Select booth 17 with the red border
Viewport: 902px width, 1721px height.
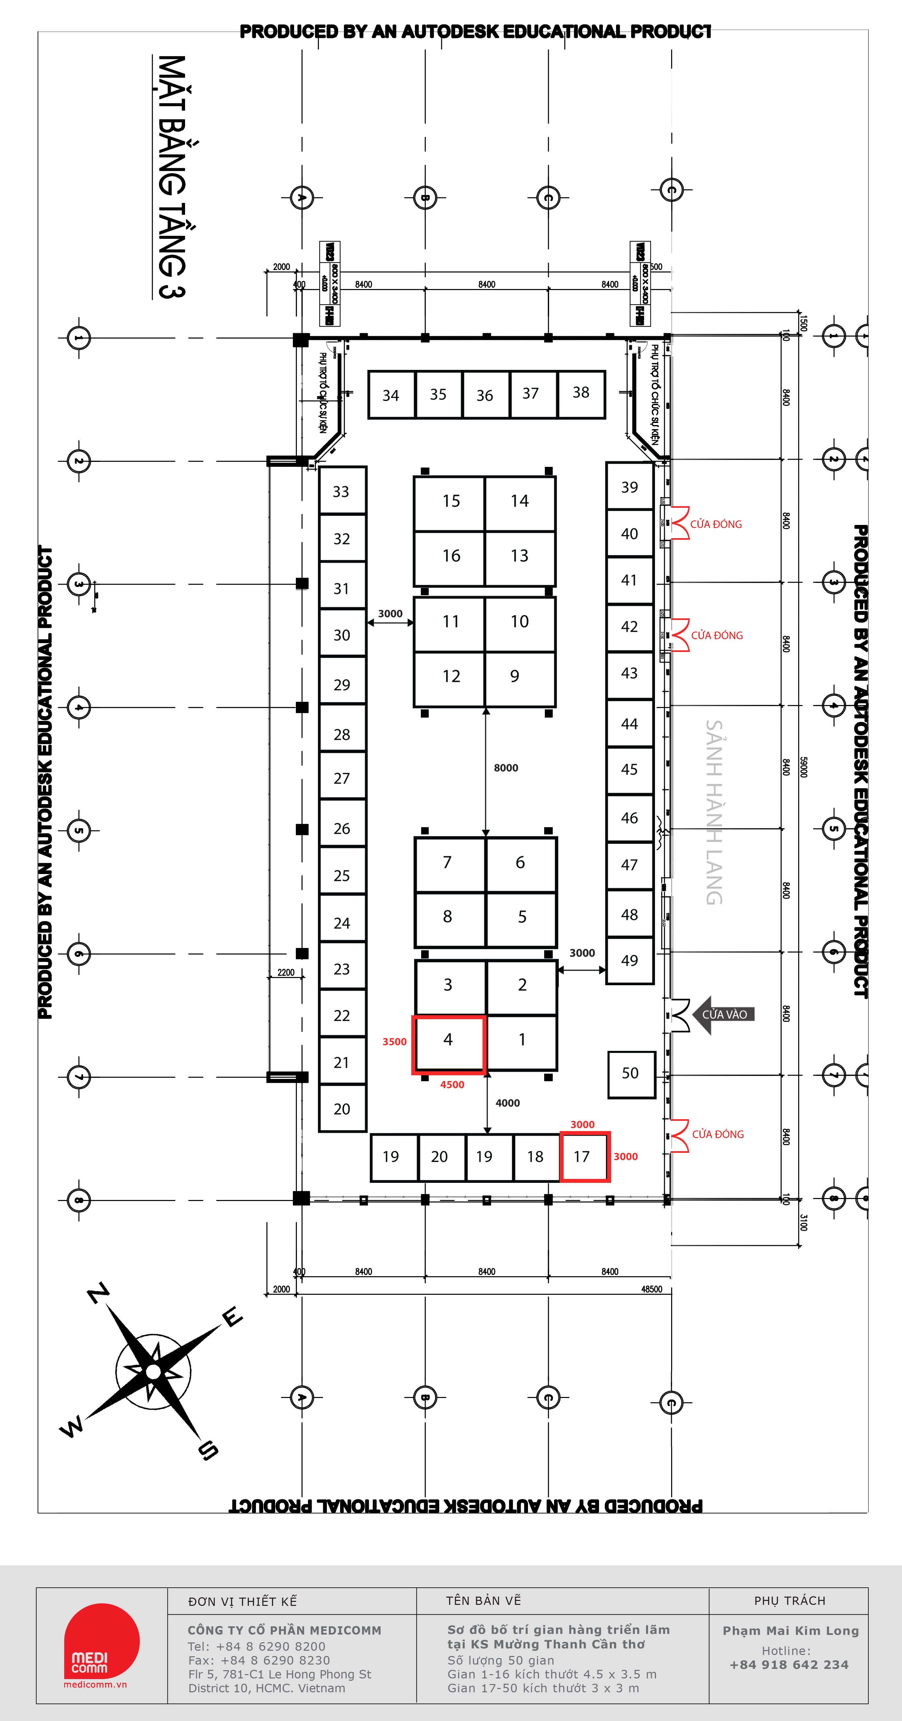point(583,1156)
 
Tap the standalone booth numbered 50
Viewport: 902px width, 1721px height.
point(630,1074)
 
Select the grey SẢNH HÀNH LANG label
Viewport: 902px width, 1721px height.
point(714,812)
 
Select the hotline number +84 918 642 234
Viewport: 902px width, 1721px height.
point(789,1665)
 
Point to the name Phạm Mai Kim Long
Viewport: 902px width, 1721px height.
point(791,1631)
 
